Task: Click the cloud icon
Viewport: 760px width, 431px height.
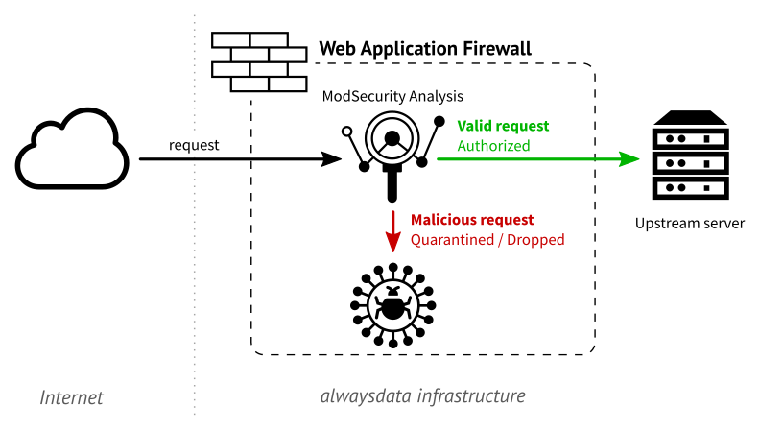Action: (x=73, y=149)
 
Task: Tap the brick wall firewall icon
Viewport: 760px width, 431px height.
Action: (x=259, y=61)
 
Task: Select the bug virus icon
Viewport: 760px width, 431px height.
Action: (x=393, y=305)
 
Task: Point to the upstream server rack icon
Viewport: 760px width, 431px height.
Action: (x=690, y=156)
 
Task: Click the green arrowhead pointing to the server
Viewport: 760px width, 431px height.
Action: (x=629, y=158)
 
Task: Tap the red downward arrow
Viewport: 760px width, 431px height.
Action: (x=393, y=231)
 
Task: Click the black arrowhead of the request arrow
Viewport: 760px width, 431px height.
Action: (x=332, y=158)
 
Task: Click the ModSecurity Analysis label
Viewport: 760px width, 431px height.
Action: (x=392, y=96)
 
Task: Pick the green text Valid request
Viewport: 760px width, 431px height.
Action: (x=503, y=126)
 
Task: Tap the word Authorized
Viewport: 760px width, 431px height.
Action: (x=493, y=146)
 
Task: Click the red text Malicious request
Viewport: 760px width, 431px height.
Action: (x=472, y=220)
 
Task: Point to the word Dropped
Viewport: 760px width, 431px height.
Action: (x=535, y=240)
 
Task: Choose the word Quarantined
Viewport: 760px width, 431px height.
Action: (x=452, y=240)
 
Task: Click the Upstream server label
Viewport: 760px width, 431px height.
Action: (x=690, y=224)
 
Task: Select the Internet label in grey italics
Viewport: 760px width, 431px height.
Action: (x=71, y=397)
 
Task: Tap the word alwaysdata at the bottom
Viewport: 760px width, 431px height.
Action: (x=367, y=396)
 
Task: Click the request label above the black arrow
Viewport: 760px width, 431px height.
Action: (x=194, y=145)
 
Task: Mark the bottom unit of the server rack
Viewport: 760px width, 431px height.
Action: (x=690, y=188)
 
